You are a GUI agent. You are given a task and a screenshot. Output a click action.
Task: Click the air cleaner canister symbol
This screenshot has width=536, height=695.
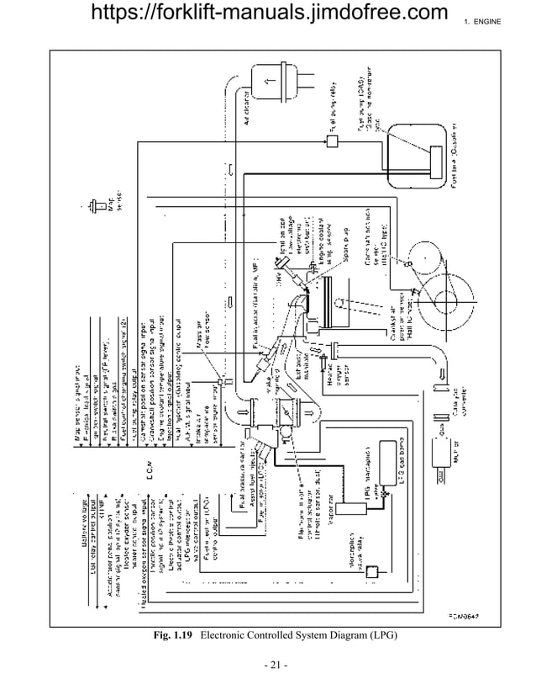click(271, 82)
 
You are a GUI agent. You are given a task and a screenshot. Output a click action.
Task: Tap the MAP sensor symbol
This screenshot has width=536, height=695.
click(91, 205)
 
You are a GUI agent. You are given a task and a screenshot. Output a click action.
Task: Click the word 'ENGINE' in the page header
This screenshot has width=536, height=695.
click(488, 20)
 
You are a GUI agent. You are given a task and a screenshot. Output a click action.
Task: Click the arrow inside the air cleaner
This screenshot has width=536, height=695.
click(269, 82)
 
